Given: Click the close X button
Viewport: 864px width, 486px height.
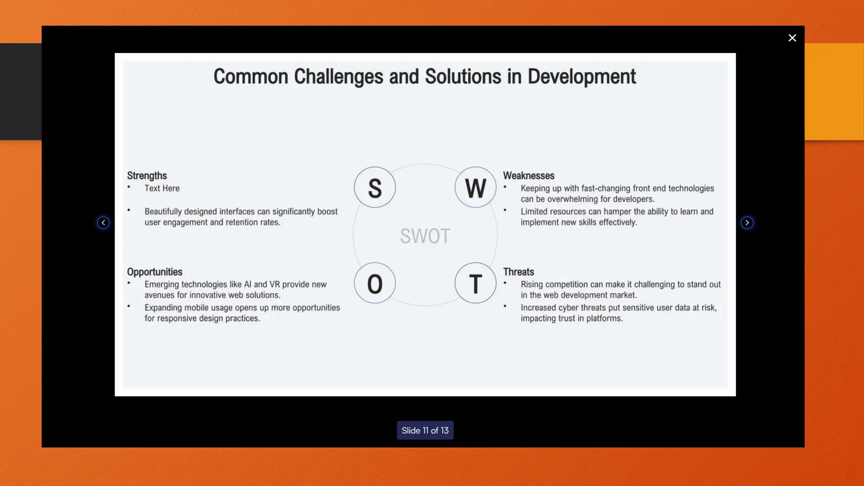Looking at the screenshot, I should click(x=792, y=38).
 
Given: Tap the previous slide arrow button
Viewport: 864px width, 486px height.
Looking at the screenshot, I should click(x=103, y=223).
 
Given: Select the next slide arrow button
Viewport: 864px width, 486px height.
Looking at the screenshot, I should click(x=747, y=223).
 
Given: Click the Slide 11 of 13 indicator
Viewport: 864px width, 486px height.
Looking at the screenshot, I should click(x=425, y=430).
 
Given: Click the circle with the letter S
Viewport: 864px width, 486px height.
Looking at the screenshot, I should click(x=375, y=187).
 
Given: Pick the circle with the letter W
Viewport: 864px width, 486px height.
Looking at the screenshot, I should click(x=475, y=187).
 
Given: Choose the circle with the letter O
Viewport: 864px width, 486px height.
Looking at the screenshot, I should click(x=375, y=283).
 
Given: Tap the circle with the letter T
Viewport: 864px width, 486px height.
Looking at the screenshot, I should click(x=475, y=283).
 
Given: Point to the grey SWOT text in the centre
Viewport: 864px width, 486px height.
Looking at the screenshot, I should click(x=425, y=236).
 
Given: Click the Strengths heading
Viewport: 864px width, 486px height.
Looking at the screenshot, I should click(x=147, y=175).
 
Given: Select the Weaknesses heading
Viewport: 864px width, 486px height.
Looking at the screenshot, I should click(x=529, y=175).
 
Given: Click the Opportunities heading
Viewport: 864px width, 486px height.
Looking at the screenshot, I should click(x=155, y=272).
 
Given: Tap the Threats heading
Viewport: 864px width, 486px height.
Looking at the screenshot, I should click(x=518, y=272).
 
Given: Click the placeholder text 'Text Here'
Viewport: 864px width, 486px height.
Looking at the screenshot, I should click(x=162, y=188).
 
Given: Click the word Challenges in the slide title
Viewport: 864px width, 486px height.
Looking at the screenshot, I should click(x=339, y=77).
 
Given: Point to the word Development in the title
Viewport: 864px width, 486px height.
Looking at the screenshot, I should click(x=581, y=77).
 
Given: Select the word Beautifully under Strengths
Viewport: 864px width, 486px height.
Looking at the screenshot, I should click(x=163, y=211).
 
